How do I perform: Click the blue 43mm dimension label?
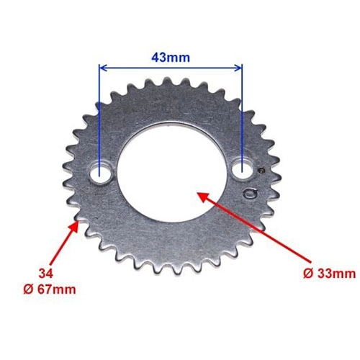(x=171, y=58)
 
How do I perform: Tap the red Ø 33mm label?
(x=329, y=274)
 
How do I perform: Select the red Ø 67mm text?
(x=50, y=289)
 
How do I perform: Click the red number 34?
(x=46, y=274)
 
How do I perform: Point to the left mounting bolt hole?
(x=100, y=174)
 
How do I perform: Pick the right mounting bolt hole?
(x=243, y=168)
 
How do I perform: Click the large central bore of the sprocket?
(x=172, y=172)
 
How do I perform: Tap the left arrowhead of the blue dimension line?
(x=103, y=68)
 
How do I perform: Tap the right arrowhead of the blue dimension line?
(x=238, y=68)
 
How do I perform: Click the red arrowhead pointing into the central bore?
(x=202, y=197)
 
